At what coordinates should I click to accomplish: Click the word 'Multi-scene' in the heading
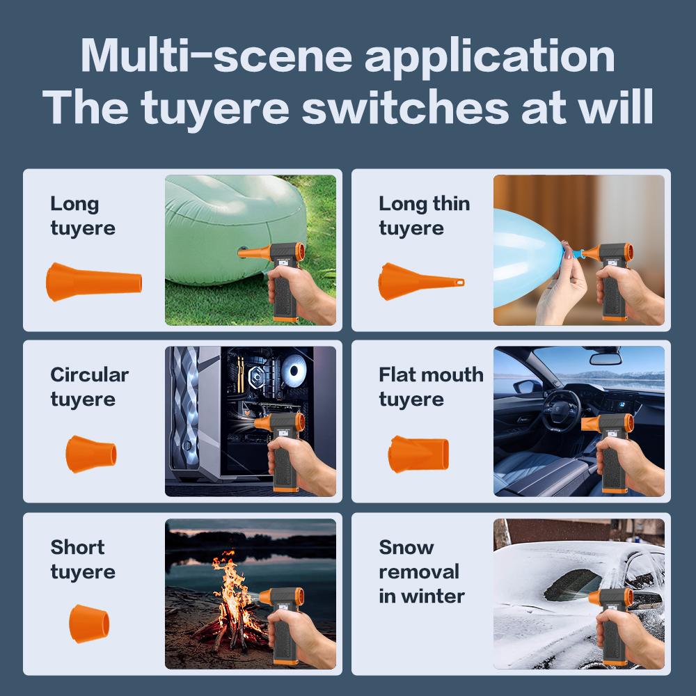pos(216,56)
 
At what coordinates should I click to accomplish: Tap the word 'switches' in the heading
pos(405,107)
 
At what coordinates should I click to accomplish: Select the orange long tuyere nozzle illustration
pos(94,282)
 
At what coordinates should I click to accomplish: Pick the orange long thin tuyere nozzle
pos(421,281)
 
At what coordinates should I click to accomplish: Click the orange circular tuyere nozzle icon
pos(91,454)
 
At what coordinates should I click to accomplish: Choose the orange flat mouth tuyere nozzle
pos(418,454)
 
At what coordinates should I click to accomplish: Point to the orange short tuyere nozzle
pos(89,623)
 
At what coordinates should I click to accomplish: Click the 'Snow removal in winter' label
pos(422,571)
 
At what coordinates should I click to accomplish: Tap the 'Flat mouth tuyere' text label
pos(431,387)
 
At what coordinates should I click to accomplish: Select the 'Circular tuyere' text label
pos(90,387)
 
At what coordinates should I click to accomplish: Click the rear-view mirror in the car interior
pos(605,359)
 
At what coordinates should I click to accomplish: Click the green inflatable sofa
pos(235,228)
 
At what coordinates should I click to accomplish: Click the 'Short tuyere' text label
pos(83,560)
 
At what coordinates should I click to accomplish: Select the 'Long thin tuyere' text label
pos(425,216)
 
